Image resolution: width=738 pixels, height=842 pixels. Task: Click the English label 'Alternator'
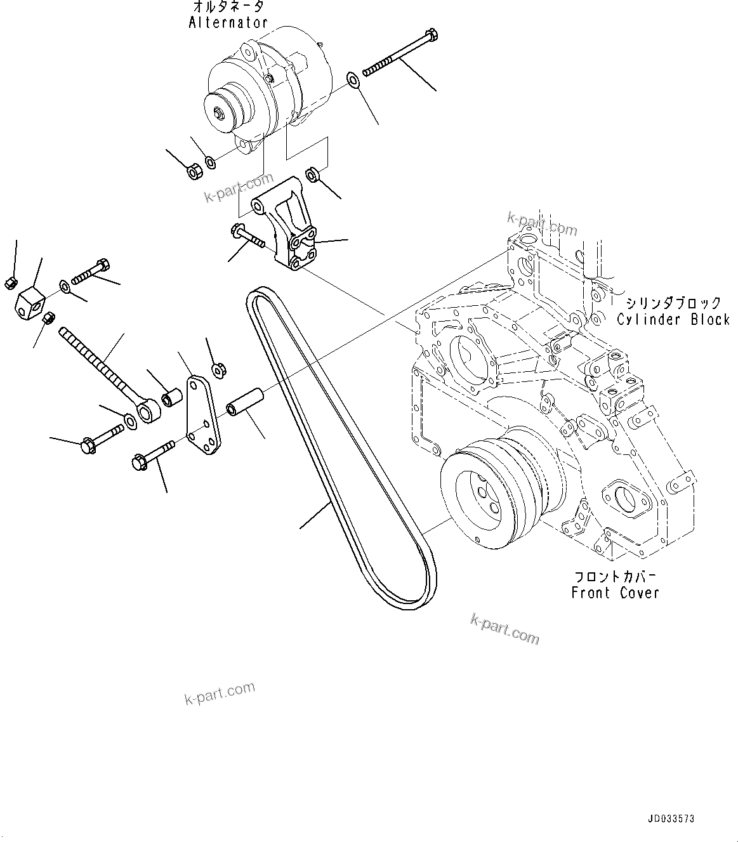[x=228, y=22]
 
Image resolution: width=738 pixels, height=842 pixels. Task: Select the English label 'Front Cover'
[x=615, y=593]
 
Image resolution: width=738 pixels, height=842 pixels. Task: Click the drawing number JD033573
[x=672, y=819]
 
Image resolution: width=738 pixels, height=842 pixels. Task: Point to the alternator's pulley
[x=224, y=111]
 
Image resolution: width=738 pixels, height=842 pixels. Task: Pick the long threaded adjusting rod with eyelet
[x=108, y=374]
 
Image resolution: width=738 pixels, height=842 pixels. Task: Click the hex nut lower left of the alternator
[x=194, y=169]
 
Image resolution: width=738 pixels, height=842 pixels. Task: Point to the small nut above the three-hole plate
[x=217, y=368]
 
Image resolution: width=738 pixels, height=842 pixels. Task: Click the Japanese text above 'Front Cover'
[x=615, y=577]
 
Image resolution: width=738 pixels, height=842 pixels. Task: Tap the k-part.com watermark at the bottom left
[x=220, y=693]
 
